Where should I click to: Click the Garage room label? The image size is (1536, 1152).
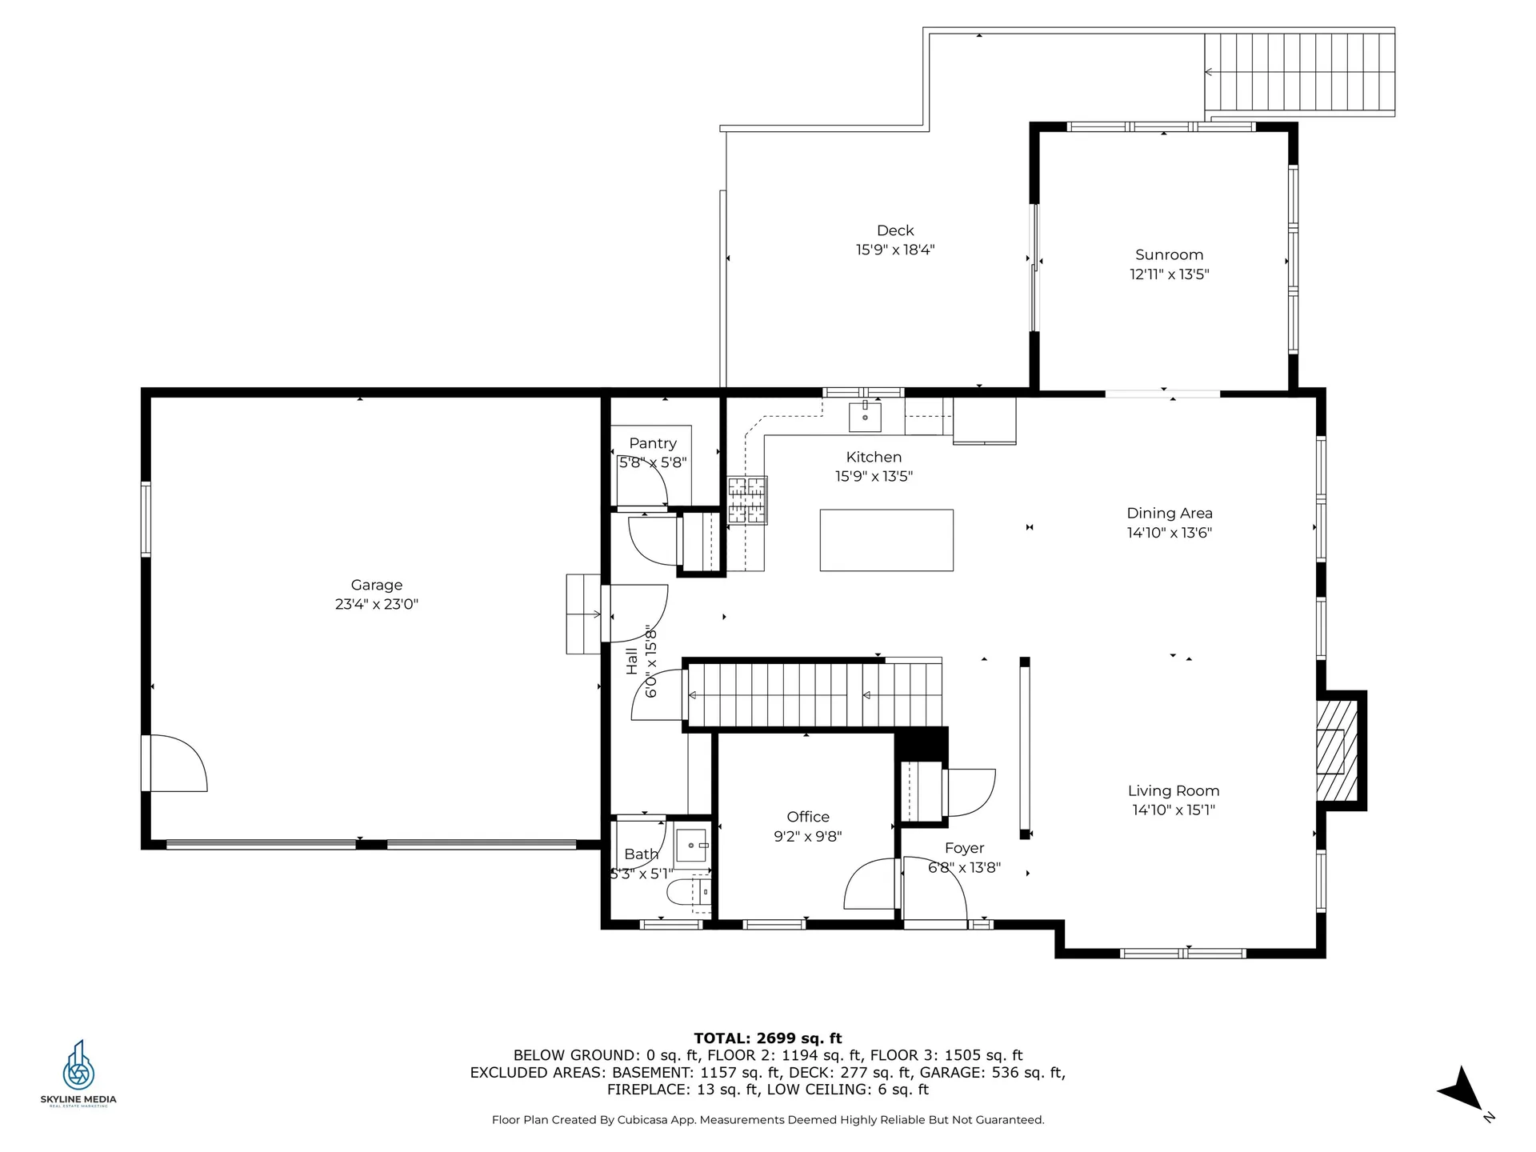click(377, 586)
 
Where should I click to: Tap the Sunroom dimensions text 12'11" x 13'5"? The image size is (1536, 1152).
click(1169, 274)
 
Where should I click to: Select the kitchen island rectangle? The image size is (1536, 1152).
click(886, 540)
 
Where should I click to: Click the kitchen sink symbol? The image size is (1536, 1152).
click(865, 417)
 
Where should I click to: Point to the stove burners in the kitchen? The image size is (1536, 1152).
click(747, 500)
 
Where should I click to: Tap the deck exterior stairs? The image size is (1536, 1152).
click(1300, 72)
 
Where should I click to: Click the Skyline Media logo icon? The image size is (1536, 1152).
click(78, 1065)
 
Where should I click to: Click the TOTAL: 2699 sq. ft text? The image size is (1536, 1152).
click(768, 1038)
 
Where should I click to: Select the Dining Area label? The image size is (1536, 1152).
click(1170, 514)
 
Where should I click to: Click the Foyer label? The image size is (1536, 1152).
click(964, 849)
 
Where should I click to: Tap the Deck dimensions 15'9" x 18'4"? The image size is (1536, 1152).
click(895, 250)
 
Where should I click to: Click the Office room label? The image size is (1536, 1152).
click(808, 817)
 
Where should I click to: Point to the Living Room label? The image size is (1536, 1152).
click(1174, 791)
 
